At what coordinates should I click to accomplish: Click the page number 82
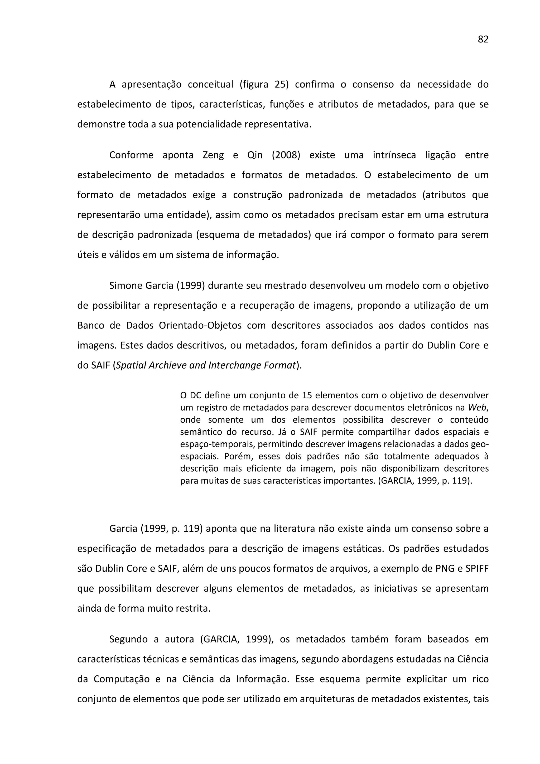[483, 39]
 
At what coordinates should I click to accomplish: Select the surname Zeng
[213, 155]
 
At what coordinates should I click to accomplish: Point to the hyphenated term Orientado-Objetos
[200, 325]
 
